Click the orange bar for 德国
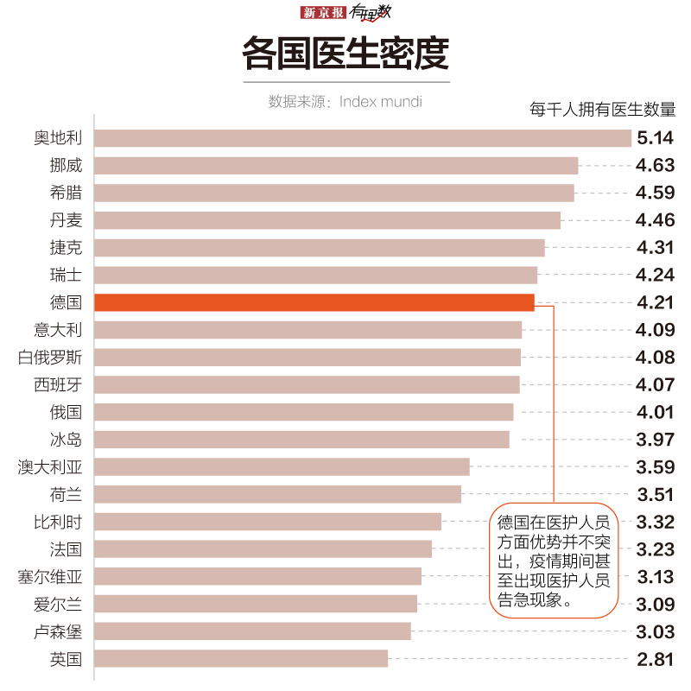pyautogui.click(x=314, y=302)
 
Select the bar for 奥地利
pyautogui.click(x=363, y=138)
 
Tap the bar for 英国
pyautogui.click(x=241, y=659)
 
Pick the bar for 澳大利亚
pyautogui.click(x=282, y=467)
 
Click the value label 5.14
pyautogui.click(x=654, y=138)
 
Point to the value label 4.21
pyautogui.click(x=654, y=302)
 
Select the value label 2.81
pyautogui.click(x=654, y=659)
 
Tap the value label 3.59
pyautogui.click(x=654, y=467)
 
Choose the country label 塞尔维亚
pyautogui.click(x=50, y=577)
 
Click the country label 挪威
pyautogui.click(x=66, y=166)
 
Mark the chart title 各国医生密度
pyautogui.click(x=345, y=54)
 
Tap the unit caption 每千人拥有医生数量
pyautogui.click(x=602, y=110)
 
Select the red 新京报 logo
pyautogui.click(x=323, y=12)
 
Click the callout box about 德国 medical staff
pyautogui.click(x=554, y=561)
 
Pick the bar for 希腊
pyautogui.click(x=333, y=193)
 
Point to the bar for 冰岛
pyautogui.click(x=301, y=440)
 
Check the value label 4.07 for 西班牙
pyautogui.click(x=654, y=384)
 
